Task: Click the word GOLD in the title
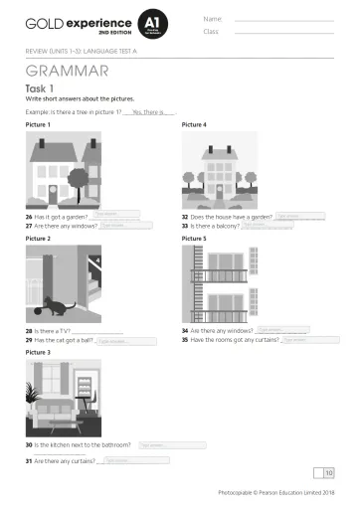click(x=41, y=21)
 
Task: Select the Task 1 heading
click(x=39, y=88)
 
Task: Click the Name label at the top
click(x=212, y=17)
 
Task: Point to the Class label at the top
click(x=211, y=31)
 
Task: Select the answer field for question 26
click(x=113, y=215)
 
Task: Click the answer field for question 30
click(x=171, y=445)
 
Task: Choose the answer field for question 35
click(x=301, y=339)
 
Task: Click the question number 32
click(x=185, y=216)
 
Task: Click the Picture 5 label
click(x=194, y=239)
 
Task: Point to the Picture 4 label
click(x=194, y=125)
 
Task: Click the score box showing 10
click(x=329, y=472)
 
